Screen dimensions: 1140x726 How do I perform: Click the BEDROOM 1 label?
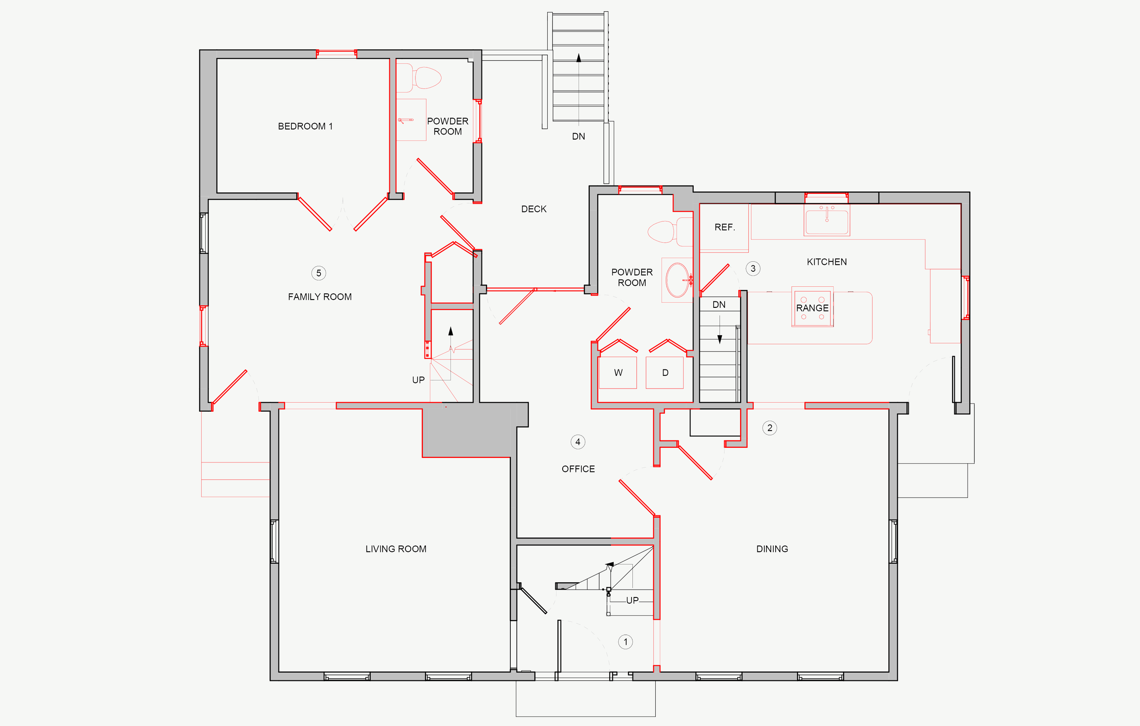306,126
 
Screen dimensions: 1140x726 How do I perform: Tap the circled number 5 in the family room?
319,273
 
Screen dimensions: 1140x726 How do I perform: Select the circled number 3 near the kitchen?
753,269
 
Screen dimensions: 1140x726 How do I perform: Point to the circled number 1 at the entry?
625,642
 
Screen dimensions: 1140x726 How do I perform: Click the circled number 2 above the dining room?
770,428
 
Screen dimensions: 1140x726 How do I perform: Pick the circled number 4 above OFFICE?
578,442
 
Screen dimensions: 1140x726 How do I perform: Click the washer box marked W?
618,373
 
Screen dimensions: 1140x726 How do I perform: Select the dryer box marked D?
665,373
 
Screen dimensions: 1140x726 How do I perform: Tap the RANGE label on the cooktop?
813,308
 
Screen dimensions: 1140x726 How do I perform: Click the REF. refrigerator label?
725,227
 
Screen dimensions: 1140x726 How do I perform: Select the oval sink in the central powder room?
678,280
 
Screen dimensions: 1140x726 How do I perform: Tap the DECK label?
534,209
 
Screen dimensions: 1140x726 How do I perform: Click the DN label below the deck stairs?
579,136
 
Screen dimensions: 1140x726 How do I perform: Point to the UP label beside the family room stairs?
419,380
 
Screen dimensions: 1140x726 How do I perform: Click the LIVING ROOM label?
396,549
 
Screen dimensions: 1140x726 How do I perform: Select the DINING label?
772,549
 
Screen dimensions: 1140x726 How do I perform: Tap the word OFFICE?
578,469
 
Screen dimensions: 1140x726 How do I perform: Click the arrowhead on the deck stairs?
579,58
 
